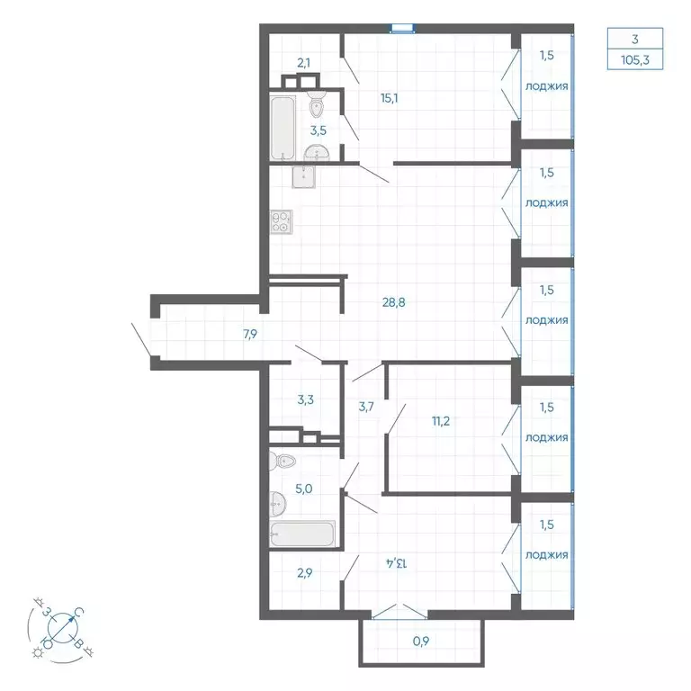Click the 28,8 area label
coord(393,302)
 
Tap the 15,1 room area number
coord(389,98)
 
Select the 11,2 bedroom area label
coord(441,421)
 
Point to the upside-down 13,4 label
coord(397,562)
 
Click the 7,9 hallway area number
coord(250,334)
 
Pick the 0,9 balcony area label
coord(421,642)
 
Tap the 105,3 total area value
coord(635,60)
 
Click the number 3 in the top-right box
coord(635,40)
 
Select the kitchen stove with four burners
coord(282,221)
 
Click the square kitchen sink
coord(303,177)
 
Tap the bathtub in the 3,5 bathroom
coord(283,129)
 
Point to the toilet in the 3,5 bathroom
coord(317,103)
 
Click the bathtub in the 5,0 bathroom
coord(302,534)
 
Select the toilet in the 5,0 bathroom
coord(283,462)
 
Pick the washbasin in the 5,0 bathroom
coord(278,504)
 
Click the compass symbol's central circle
coord(63,627)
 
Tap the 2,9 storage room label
coord(304,573)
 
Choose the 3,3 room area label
coord(305,399)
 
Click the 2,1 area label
coord(303,63)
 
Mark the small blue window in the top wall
coord(402,29)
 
